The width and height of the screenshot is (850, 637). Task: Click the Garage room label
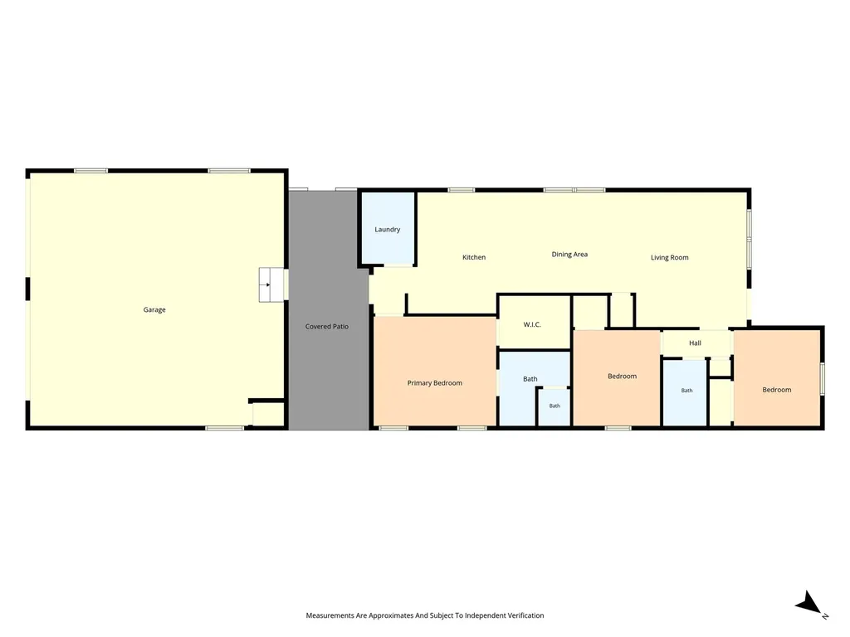154,310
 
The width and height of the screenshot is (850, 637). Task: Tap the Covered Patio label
327,326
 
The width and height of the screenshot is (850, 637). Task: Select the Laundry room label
387,230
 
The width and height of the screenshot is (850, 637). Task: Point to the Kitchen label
474,257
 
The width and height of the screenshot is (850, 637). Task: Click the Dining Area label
569,255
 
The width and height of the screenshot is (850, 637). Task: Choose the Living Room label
670,258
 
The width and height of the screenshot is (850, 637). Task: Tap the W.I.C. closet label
532,324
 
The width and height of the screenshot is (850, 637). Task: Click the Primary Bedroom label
435,383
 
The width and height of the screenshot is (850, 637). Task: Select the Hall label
695,343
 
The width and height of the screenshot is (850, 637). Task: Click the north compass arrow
810,604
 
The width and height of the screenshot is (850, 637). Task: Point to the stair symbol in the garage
271,284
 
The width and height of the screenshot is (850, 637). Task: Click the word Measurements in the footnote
330,615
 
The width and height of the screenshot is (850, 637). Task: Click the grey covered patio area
329,310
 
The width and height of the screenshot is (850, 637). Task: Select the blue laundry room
388,229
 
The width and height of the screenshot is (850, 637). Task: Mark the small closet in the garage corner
268,415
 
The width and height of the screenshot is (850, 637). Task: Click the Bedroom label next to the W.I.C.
622,376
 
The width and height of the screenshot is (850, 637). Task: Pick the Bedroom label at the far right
776,390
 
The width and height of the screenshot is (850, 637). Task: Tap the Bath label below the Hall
686,390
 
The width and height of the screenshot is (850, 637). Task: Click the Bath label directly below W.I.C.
530,379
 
